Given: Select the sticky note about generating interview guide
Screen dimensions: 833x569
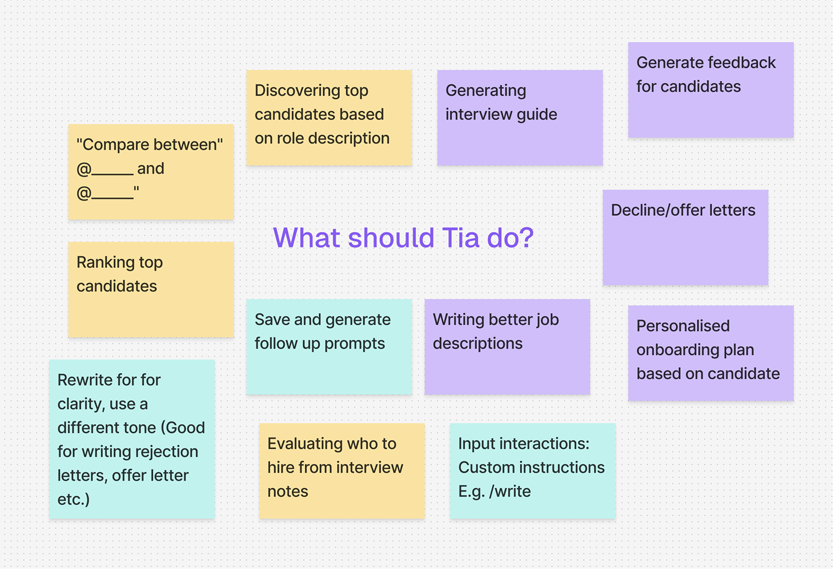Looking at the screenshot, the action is point(520,118).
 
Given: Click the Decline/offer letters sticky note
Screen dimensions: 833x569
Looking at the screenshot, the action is point(686,237).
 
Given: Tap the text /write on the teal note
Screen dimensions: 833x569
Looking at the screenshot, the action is point(510,492).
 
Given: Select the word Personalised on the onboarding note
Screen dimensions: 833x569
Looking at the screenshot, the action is point(683,326).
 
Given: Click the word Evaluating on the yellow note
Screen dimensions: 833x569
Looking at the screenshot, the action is point(304,444).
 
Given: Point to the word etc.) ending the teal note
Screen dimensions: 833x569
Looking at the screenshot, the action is point(74,500).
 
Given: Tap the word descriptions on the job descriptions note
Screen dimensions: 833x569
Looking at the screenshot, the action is point(478,344).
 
